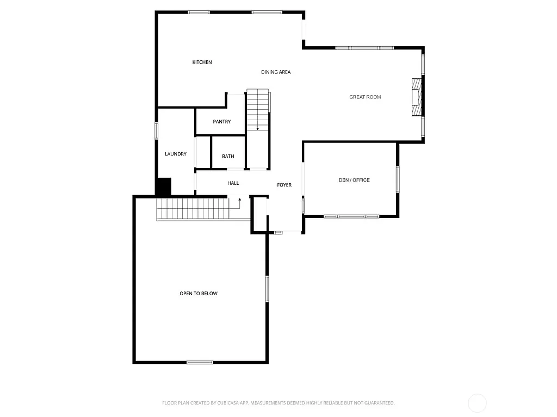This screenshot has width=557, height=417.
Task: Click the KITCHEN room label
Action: (202, 63)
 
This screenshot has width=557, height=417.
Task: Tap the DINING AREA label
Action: (276, 72)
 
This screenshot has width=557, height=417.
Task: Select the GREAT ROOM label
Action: (365, 97)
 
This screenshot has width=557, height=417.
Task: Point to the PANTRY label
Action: (221, 122)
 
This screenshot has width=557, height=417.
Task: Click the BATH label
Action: (228, 157)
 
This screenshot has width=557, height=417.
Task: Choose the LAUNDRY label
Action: (176, 154)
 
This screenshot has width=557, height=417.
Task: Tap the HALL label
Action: (233, 183)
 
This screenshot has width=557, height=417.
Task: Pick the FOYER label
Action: (284, 185)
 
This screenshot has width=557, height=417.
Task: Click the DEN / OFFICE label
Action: (354, 180)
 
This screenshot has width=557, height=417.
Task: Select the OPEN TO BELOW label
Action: (199, 294)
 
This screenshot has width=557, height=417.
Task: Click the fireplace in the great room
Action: (416, 97)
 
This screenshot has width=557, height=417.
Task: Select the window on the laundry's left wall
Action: (157, 131)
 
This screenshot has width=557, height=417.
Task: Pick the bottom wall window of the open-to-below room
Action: (200, 362)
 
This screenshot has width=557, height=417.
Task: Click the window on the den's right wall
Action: (398, 179)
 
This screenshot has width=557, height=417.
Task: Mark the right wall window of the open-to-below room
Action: (267, 289)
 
